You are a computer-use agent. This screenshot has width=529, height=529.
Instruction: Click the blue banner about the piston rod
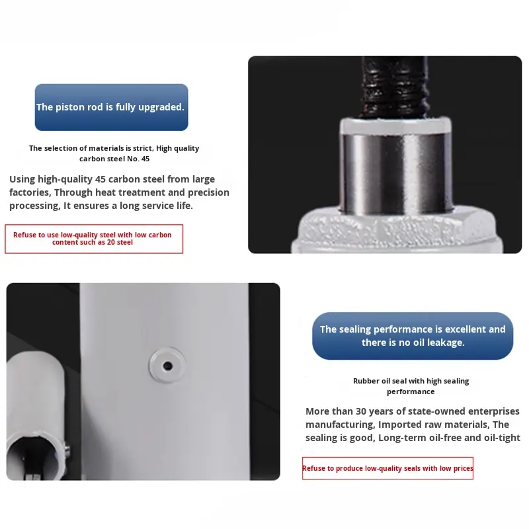[111, 107]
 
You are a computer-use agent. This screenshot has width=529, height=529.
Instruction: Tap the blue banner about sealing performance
[413, 336]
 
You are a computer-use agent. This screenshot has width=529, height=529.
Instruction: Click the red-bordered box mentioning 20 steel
[94, 239]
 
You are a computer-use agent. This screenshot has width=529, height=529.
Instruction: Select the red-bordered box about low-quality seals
[387, 468]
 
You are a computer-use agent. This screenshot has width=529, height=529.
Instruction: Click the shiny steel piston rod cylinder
[395, 173]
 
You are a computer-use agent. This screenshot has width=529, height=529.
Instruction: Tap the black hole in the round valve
[168, 366]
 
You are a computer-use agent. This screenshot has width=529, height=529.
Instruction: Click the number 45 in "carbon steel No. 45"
[145, 159]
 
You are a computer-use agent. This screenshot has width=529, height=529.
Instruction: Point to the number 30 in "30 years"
[360, 411]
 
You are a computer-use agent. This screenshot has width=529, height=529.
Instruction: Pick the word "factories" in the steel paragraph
[30, 192]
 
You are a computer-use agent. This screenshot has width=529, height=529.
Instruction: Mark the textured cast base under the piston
[397, 231]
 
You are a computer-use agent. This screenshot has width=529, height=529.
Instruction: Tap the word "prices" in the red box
[463, 468]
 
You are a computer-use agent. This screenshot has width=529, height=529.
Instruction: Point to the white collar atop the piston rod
[395, 125]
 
